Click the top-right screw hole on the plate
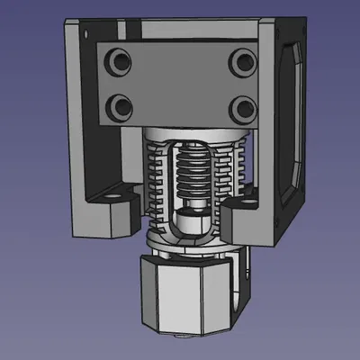tap(239, 62)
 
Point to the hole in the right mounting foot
tap(243, 205)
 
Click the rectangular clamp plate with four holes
tap(178, 83)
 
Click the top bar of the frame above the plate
tap(180, 27)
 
